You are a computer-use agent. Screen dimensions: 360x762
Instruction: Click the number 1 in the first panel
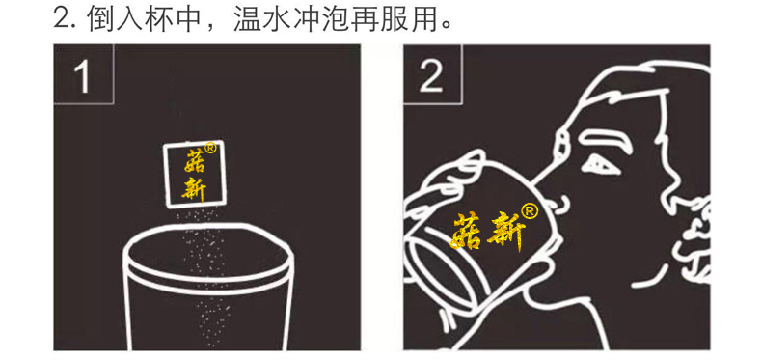82,77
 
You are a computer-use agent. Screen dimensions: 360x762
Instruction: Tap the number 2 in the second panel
431,77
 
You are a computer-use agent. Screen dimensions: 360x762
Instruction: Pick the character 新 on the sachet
194,186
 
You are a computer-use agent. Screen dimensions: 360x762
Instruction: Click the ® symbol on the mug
529,209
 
